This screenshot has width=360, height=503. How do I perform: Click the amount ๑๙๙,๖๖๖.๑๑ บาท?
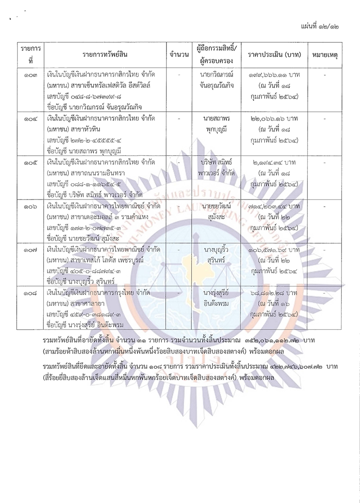pyautogui.click(x=271, y=73)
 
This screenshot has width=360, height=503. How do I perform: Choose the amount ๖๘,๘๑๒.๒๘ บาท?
pyautogui.click(x=271, y=293)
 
